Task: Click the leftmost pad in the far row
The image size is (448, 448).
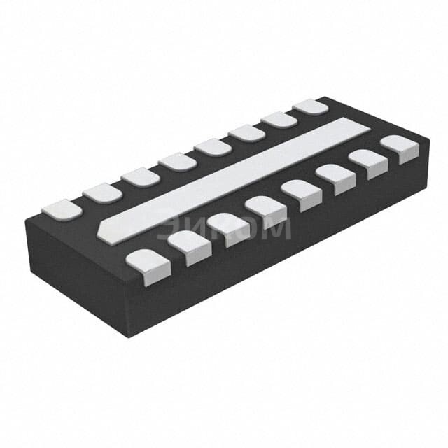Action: pyautogui.click(x=62, y=209)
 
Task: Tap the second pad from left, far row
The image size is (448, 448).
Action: pyautogui.click(x=102, y=192)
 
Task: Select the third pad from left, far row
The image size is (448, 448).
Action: pyautogui.click(x=140, y=177)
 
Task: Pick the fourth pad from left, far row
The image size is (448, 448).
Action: pyautogui.click(x=177, y=162)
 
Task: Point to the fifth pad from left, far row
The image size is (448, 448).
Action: pyautogui.click(x=213, y=147)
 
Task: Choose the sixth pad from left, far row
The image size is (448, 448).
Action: pyautogui.click(x=246, y=133)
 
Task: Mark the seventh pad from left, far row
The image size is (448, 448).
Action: pyautogui.click(x=279, y=120)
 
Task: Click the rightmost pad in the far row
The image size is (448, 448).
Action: pyautogui.click(x=310, y=106)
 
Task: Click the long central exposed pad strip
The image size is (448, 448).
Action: pyautogui.click(x=238, y=178)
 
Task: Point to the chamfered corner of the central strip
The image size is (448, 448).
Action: pyautogui.click(x=104, y=229)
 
